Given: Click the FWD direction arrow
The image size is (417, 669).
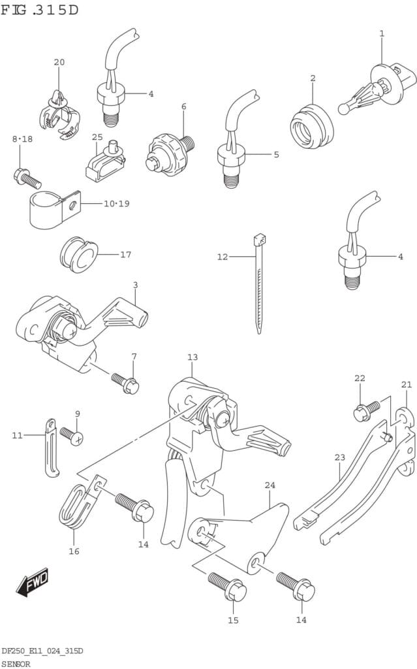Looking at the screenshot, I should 33,581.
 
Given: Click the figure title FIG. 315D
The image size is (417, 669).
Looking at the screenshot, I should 40,10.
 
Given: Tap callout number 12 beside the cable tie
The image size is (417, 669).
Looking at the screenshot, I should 223,257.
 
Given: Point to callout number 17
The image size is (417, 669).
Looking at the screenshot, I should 125,254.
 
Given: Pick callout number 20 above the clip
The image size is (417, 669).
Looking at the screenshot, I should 59,63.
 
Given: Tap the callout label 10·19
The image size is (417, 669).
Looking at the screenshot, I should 116,204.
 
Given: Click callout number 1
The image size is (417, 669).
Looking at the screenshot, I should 382,34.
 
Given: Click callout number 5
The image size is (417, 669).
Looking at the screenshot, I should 276,155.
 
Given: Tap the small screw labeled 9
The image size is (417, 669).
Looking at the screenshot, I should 70,434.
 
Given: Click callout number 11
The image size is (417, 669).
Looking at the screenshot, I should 17,434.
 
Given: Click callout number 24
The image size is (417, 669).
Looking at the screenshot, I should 270,485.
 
